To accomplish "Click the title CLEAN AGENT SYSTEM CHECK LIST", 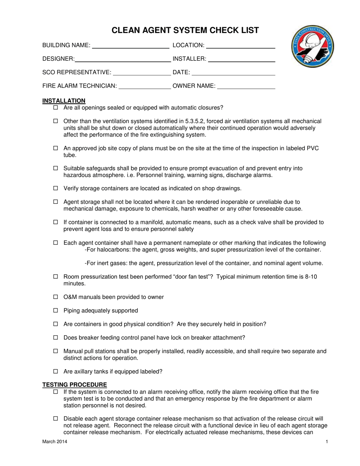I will pos(185,31).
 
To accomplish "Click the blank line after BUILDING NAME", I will pos(131,46).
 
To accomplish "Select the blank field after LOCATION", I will pos(240,46).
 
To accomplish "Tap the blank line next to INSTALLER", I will pos(241,59).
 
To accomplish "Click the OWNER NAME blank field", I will pos(246,86).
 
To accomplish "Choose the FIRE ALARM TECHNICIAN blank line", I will pos(145,86).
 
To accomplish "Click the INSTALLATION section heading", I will pos(64,101).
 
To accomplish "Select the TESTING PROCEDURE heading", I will pos(74,385).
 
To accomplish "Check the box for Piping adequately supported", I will pos(56,311).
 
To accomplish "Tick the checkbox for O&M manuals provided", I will pos(56,297).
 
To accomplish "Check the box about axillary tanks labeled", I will pos(56,372).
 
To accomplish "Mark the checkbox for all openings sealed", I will pos(56,108).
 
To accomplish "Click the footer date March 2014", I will pos(55,442).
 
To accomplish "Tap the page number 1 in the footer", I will pos(326,442).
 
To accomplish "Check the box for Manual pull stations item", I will pos(56,351).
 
